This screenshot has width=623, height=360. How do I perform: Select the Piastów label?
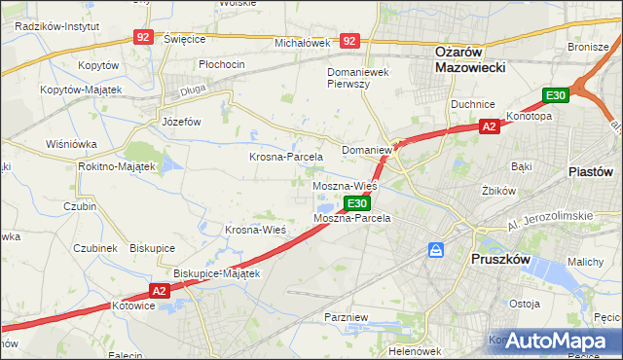pyautogui.click(x=590, y=170)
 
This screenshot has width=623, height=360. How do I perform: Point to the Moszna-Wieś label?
pyautogui.click(x=345, y=185)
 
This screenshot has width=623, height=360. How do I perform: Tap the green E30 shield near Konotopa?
pyautogui.click(x=556, y=95)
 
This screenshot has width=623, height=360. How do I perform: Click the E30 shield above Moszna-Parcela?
pyautogui.click(x=356, y=203)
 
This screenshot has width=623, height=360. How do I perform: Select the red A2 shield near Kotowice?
pyautogui.click(x=161, y=290)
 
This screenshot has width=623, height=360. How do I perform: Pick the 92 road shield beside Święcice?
pyautogui.click(x=144, y=37)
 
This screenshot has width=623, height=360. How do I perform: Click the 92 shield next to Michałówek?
pyautogui.click(x=350, y=42)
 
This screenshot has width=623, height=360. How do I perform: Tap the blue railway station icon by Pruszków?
pyautogui.click(x=437, y=250)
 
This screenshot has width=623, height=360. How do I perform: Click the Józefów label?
pyautogui.click(x=181, y=122)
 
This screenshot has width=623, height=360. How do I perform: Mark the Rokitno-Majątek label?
pyautogui.click(x=117, y=166)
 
